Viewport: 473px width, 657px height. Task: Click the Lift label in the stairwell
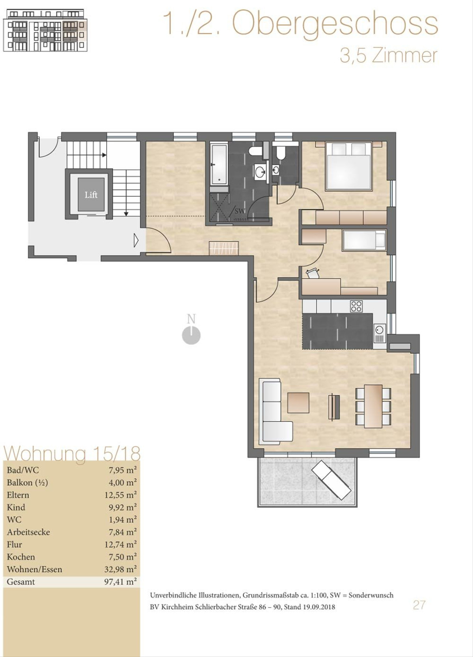(91, 195)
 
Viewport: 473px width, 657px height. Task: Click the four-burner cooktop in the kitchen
(356, 306)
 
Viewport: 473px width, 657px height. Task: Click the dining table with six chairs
(373, 407)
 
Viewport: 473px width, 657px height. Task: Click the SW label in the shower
(240, 211)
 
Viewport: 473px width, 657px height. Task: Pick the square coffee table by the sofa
(298, 403)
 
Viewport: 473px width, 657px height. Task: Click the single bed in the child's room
(364, 241)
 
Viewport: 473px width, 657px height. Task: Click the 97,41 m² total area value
(120, 582)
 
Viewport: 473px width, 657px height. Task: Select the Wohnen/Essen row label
(35, 569)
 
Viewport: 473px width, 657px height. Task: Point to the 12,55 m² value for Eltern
(120, 495)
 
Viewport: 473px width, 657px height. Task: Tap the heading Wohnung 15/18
(72, 453)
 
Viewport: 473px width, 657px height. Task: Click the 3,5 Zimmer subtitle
(389, 56)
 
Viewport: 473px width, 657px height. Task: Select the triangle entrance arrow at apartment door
(136, 240)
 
